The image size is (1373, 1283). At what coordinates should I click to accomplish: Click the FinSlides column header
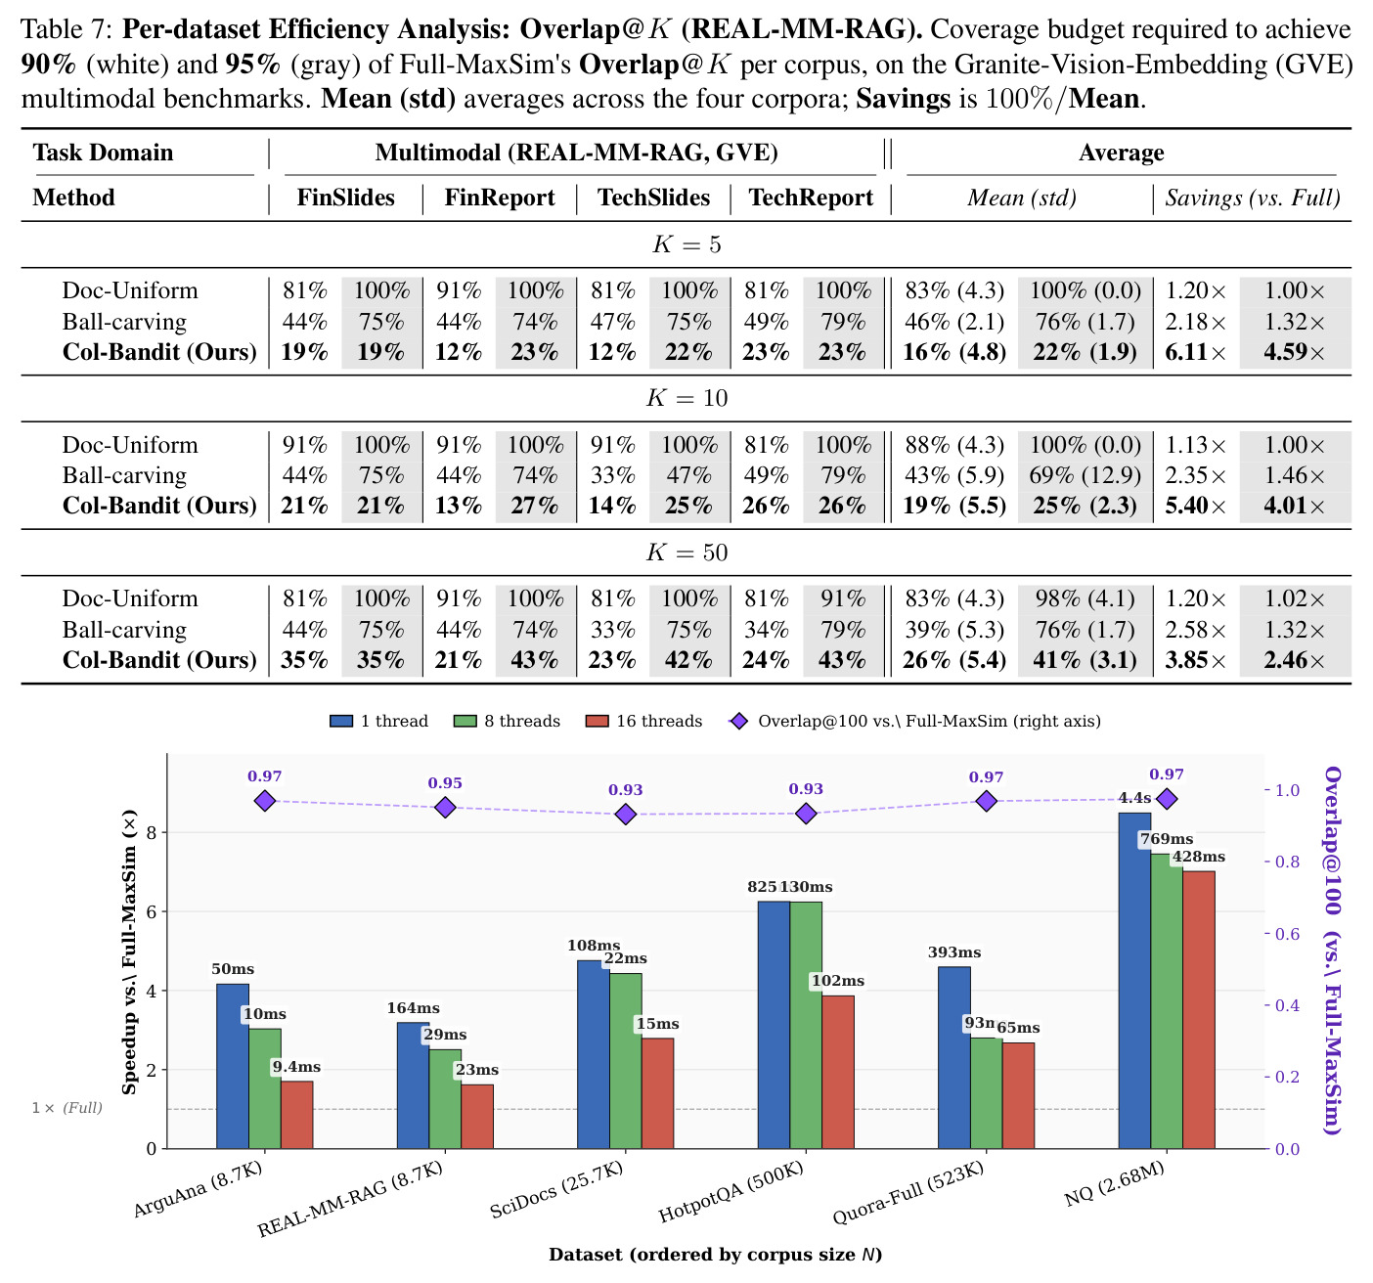345,198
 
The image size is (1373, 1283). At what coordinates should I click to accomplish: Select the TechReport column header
811,198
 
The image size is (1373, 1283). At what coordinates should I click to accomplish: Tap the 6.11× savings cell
1195,352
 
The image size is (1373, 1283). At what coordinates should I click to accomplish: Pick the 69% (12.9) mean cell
1085,475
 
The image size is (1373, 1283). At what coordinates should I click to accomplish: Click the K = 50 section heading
686,552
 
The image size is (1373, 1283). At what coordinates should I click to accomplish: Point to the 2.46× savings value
1294,660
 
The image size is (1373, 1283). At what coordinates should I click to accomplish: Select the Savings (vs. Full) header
1252,198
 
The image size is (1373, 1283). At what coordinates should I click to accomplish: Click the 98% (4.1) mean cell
1085,598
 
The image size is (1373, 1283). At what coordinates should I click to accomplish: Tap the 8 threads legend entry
507,721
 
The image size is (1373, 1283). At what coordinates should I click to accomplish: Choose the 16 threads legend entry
643,721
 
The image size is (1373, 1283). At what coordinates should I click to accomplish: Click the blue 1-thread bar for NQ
1134,981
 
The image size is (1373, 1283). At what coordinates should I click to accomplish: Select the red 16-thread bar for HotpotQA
838,1072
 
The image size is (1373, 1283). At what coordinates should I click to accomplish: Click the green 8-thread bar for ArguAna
265,1088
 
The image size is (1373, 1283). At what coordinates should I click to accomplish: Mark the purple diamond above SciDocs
626,814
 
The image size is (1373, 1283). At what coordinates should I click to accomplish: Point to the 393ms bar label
954,952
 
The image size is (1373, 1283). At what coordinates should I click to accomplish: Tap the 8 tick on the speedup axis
153,833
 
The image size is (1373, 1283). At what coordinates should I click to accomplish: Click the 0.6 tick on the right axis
1287,934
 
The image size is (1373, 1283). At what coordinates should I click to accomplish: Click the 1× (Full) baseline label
67,1108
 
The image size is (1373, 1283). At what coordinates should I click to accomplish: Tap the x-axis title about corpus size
716,1255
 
